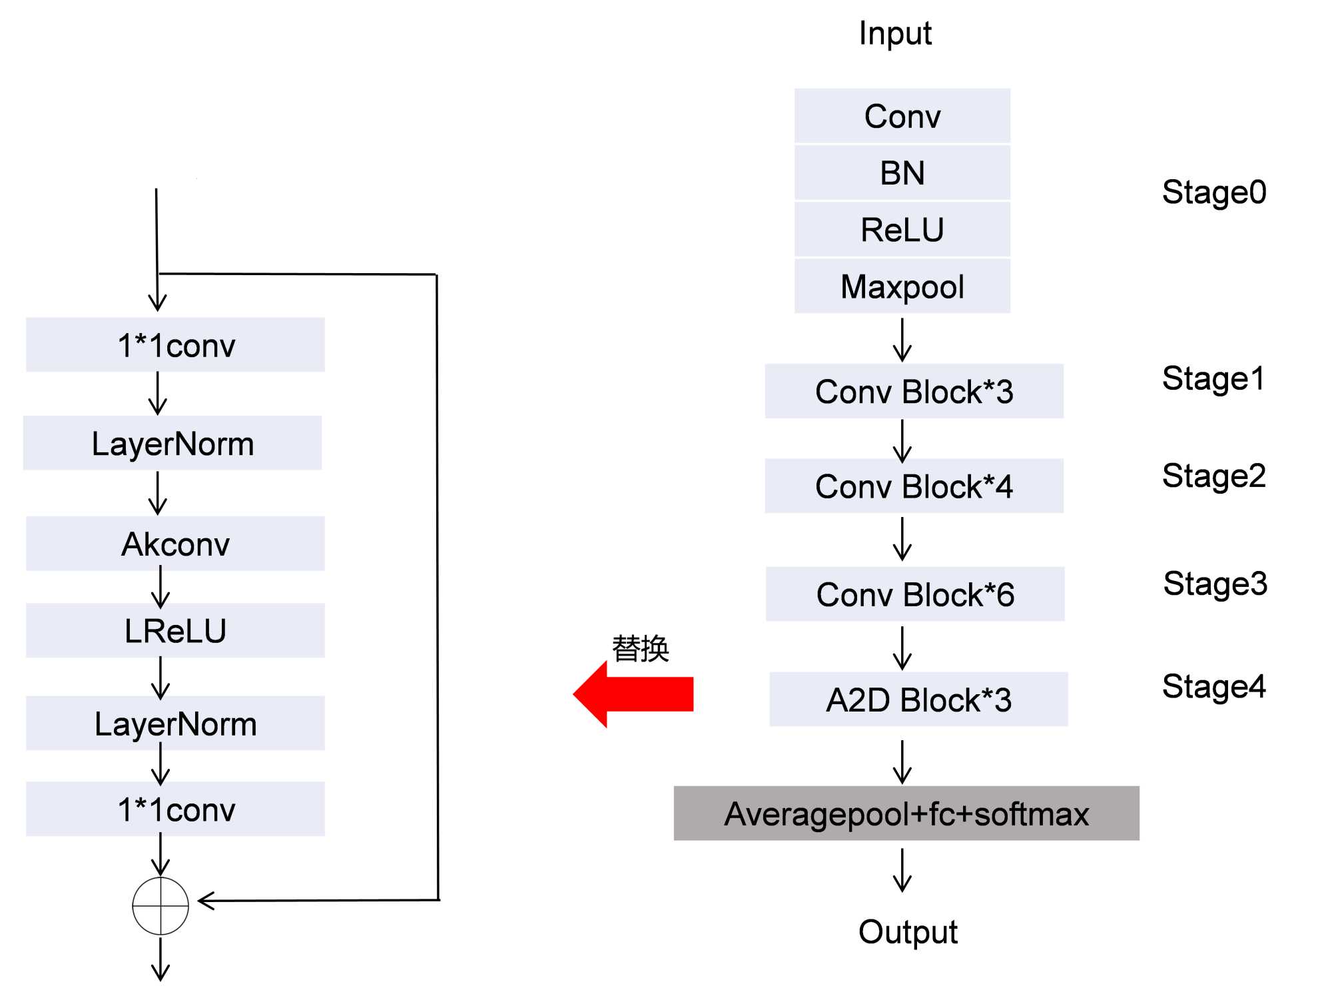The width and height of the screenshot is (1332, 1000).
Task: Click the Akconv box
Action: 175,544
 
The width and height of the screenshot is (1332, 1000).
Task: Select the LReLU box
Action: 175,630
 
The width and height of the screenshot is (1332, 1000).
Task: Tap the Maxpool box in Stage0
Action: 902,286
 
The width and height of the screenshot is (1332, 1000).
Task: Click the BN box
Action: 902,173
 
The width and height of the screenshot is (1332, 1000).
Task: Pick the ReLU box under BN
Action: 902,230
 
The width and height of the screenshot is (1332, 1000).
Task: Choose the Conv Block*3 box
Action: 914,391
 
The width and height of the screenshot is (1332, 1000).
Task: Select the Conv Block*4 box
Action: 914,486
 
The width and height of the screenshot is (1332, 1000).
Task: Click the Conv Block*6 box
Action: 915,594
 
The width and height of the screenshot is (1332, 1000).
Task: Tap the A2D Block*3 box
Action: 918,700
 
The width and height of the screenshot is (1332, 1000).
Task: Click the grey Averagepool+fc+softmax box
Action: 906,813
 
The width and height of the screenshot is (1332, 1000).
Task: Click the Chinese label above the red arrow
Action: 640,648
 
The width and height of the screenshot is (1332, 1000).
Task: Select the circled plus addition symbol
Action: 161,906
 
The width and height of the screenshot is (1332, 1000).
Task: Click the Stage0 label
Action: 1213,193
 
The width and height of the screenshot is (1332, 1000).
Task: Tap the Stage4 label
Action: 1213,686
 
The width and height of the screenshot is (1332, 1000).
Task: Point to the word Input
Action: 895,33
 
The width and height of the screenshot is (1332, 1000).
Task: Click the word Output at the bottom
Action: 907,931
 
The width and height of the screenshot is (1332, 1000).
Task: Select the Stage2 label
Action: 1213,476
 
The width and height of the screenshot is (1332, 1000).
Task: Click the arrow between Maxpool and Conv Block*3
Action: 902,340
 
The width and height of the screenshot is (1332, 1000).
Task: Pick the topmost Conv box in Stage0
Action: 902,117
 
